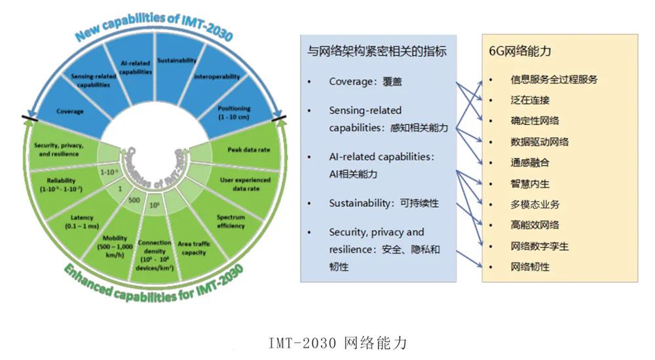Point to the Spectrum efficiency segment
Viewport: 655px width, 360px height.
tap(231, 221)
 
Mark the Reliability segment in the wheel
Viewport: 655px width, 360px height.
tap(64, 184)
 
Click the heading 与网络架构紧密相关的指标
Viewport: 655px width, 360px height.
tap(377, 51)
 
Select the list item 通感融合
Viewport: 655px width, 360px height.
tap(530, 162)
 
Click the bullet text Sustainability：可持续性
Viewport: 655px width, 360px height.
tap(384, 204)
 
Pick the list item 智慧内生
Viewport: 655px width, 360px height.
tap(530, 183)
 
